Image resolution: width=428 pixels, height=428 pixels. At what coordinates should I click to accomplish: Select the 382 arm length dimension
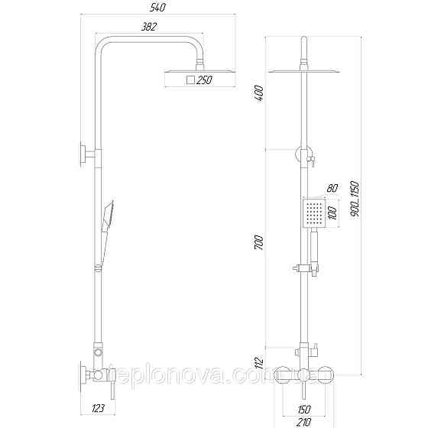pyautogui.click(x=151, y=28)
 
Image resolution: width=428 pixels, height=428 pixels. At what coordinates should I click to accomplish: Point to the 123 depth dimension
pyautogui.click(x=97, y=409)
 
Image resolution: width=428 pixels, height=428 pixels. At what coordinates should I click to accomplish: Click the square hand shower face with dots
pyautogui.click(x=312, y=214)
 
